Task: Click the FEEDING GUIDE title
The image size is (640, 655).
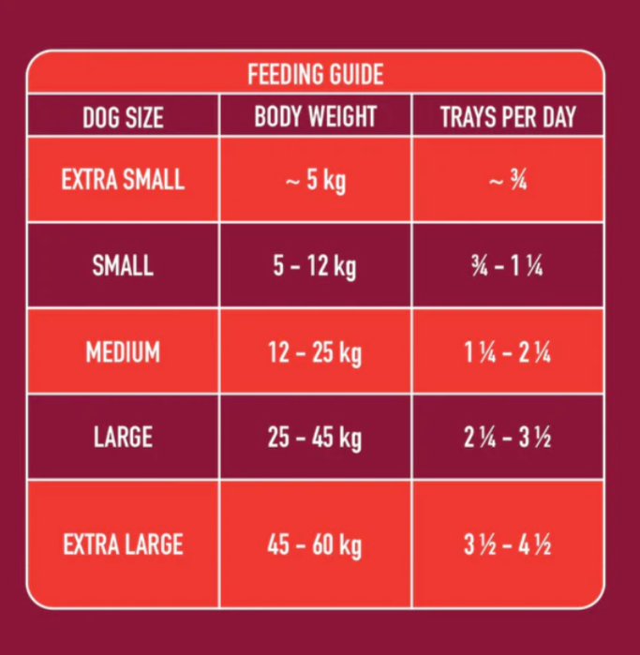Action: pos(315,74)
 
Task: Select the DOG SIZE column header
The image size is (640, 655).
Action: pos(123,117)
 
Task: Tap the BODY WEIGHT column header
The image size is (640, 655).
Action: pos(315,117)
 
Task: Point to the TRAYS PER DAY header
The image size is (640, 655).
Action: pos(508,117)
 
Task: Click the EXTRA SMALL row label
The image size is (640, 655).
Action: pos(123,180)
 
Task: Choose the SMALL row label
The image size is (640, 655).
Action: pos(123,266)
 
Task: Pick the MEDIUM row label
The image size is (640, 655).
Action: pos(123,352)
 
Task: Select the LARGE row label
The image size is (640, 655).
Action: pos(123,437)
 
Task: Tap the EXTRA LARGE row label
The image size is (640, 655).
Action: pos(123,544)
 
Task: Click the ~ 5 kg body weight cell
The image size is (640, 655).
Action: pos(315,181)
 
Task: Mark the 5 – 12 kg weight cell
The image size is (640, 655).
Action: pos(315,267)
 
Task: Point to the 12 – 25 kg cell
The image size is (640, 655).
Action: pos(315,353)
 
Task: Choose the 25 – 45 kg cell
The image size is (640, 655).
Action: pos(315,438)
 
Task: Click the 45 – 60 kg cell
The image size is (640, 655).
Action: pos(315,545)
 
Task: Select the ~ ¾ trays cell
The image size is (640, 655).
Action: pos(508,181)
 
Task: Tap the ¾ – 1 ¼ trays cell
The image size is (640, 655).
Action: pos(508,267)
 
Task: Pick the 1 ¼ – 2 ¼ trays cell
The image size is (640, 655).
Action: pos(508,353)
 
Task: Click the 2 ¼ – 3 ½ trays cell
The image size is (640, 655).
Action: pos(508,438)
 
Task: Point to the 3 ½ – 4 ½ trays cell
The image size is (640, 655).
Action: pos(508,545)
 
